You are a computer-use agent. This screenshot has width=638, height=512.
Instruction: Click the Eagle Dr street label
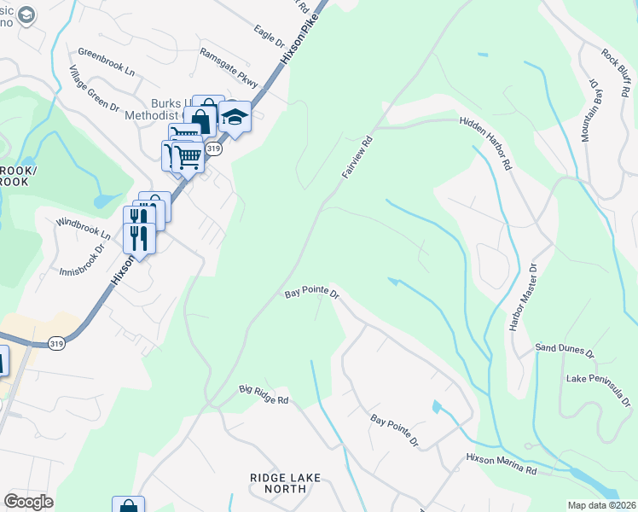pos(270,34)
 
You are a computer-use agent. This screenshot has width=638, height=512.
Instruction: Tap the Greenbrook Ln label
pos(107,62)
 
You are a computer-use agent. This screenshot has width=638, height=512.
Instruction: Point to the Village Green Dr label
pos(94,89)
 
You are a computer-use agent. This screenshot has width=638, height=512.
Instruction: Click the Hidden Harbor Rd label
pos(484,142)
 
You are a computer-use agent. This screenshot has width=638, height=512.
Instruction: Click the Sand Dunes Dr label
pos(565,348)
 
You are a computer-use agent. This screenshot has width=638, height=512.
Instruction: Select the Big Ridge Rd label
pos(264,395)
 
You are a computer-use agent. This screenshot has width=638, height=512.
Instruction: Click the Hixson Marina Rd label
pos(501,464)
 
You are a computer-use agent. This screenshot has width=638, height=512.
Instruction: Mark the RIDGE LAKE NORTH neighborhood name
pos(285,484)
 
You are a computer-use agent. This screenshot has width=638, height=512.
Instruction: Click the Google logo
pos(28,502)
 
